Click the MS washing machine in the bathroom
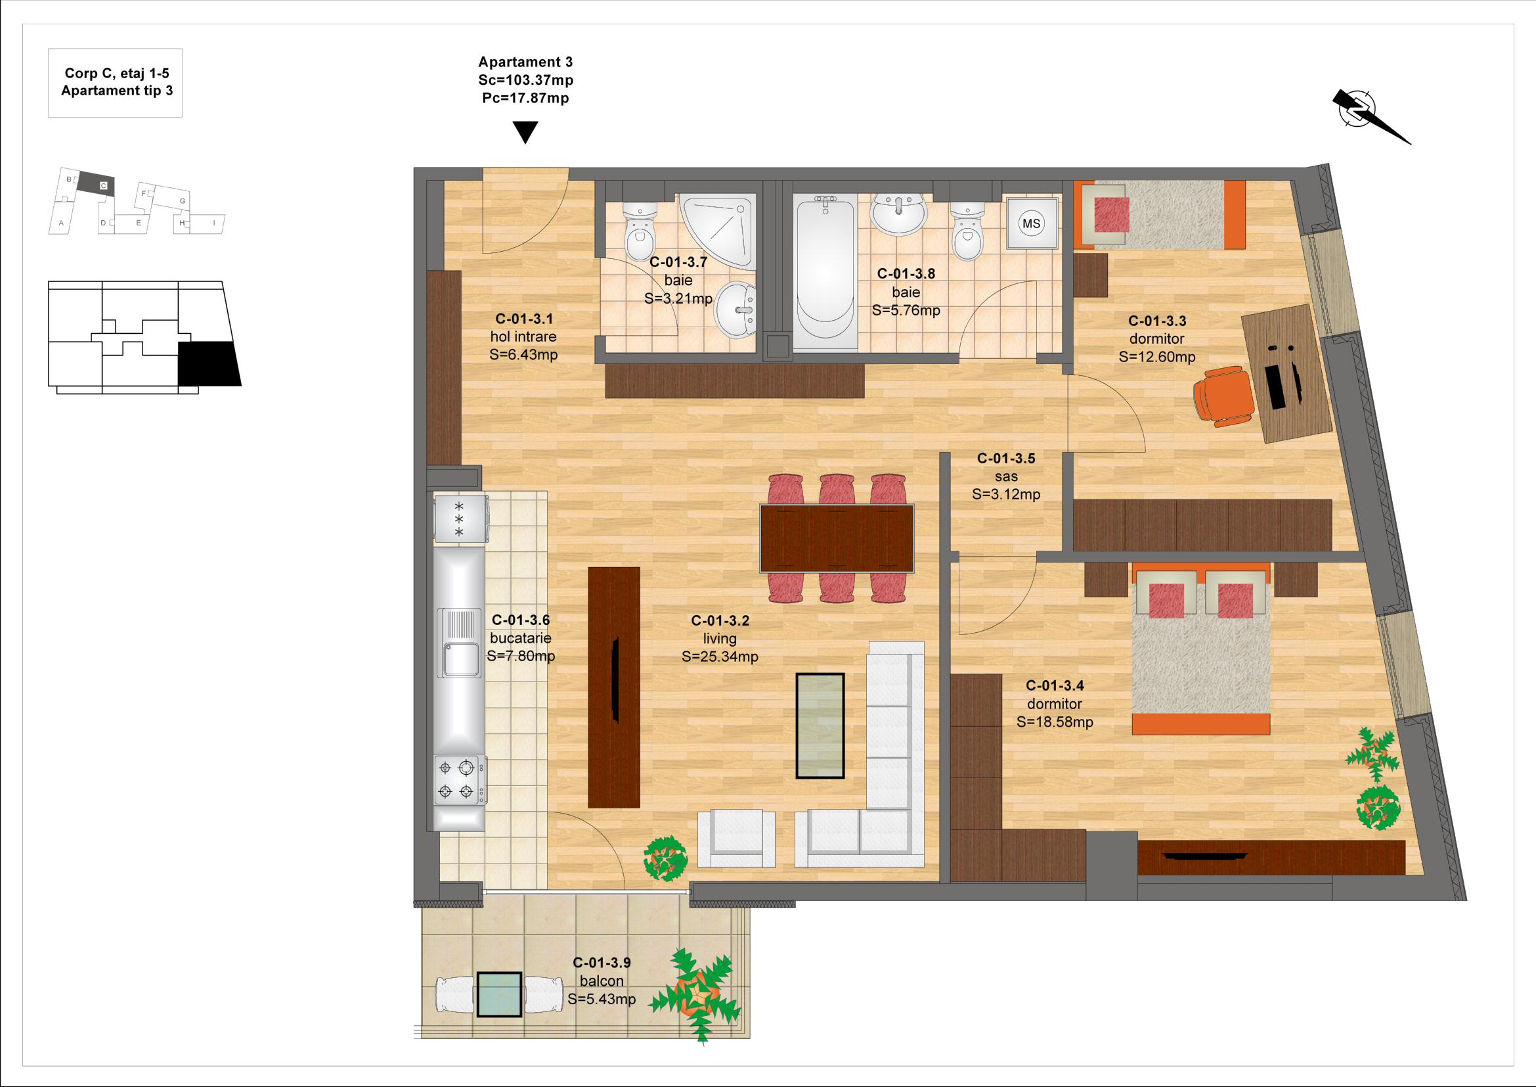[x=1034, y=223]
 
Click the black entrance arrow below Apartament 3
[x=526, y=133]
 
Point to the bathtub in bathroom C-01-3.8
[x=825, y=273]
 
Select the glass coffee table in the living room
[x=820, y=726]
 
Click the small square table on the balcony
[x=499, y=994]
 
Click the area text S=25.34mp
[x=720, y=657]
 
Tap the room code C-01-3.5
[x=1006, y=459]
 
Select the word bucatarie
[x=521, y=638]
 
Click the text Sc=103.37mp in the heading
[x=526, y=80]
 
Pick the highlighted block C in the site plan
[x=99, y=183]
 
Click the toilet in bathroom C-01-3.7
[x=640, y=231]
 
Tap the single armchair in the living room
[x=737, y=839]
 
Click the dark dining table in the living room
[x=837, y=538]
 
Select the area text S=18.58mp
[x=1055, y=722]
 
